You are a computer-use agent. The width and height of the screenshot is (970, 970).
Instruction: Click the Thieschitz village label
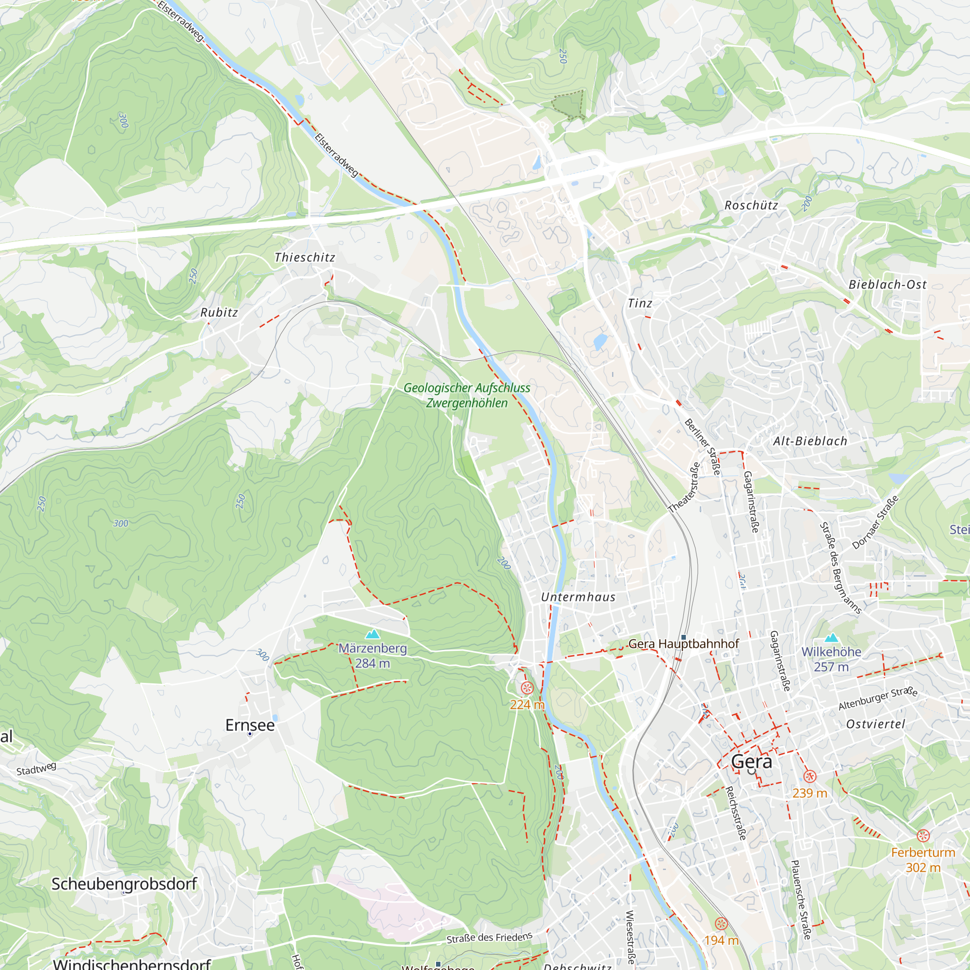click(305, 258)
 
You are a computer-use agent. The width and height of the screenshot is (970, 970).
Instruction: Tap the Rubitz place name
click(219, 313)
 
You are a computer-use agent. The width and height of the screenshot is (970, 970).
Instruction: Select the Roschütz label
click(751, 205)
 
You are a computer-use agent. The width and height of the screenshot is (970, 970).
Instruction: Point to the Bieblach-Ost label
click(888, 285)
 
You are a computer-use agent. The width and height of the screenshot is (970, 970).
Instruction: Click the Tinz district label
click(640, 303)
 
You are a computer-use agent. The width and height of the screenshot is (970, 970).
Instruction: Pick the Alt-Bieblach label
click(810, 441)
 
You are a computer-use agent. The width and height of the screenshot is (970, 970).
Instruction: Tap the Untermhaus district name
click(579, 597)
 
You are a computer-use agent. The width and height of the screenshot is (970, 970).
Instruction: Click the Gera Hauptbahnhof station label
click(684, 644)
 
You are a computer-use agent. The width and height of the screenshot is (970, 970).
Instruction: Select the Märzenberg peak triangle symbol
click(372, 634)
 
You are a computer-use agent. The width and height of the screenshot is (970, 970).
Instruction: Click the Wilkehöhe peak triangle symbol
click(832, 638)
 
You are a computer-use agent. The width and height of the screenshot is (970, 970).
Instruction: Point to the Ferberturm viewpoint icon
click(923, 836)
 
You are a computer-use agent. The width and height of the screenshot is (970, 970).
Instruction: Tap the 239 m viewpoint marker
click(810, 776)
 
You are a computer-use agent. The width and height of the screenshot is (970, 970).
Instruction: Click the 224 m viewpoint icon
click(527, 688)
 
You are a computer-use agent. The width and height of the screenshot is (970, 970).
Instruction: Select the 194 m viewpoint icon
click(721, 924)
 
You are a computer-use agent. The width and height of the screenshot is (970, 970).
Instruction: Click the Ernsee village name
click(250, 725)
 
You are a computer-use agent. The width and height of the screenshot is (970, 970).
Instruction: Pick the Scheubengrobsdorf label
click(124, 884)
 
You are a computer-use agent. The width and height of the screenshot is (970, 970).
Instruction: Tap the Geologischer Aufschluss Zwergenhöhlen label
click(467, 395)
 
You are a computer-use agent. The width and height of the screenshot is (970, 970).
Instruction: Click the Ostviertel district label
click(875, 724)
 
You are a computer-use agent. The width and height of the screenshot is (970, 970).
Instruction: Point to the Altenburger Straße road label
click(878, 698)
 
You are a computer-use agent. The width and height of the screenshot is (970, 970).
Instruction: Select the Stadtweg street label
click(36, 769)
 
